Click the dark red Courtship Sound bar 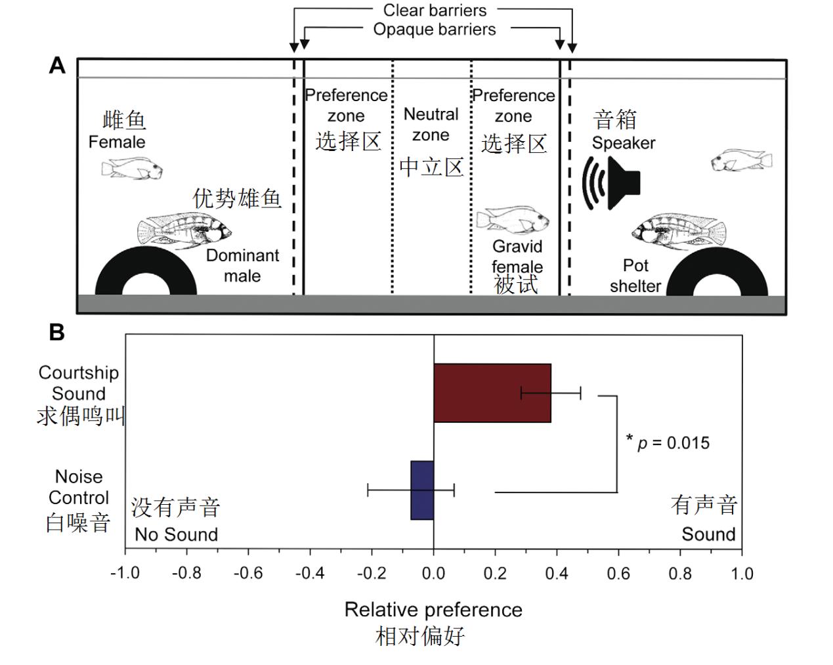[x=492, y=393]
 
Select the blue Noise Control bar [x=422, y=490]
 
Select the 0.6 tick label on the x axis [x=618, y=574]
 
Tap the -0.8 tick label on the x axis [x=186, y=574]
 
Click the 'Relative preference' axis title [x=433, y=610]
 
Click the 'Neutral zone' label [x=431, y=125]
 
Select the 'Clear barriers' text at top [x=435, y=11]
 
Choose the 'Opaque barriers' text [x=435, y=30]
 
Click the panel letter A [x=57, y=66]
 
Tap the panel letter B [x=57, y=332]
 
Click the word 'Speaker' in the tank [x=624, y=143]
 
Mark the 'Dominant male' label [x=242, y=265]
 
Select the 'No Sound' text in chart [x=176, y=534]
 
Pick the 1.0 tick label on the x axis [x=742, y=574]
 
